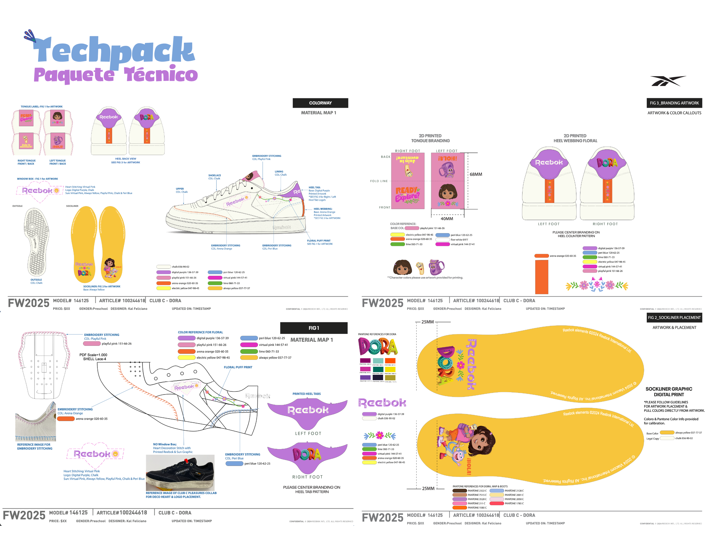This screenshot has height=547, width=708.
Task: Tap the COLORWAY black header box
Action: click(320, 103)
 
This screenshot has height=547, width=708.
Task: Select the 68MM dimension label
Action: click(475, 174)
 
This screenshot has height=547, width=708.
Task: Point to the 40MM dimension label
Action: click(447, 219)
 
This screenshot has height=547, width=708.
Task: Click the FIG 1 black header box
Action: click(314, 328)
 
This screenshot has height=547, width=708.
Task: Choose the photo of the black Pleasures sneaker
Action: click(180, 473)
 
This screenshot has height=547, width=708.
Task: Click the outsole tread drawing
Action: click(37, 242)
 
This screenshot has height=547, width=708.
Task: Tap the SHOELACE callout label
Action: click(214, 175)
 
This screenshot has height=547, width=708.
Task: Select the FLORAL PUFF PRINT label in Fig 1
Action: click(238, 367)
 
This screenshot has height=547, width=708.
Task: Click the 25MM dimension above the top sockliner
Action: click(427, 322)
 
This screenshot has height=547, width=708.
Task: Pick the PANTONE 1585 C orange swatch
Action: click(459, 507)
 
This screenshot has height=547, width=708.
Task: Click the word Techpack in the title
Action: click(114, 50)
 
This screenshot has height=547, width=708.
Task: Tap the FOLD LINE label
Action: click(379, 181)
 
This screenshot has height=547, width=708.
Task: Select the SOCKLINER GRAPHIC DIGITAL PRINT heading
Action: click(668, 392)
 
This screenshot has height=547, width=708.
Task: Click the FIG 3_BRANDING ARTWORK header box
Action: click(674, 103)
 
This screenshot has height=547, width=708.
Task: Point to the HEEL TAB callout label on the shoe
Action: click(314, 188)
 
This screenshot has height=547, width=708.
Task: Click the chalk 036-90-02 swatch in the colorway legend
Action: click(163, 267)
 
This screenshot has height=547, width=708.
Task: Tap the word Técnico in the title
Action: click(161, 74)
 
